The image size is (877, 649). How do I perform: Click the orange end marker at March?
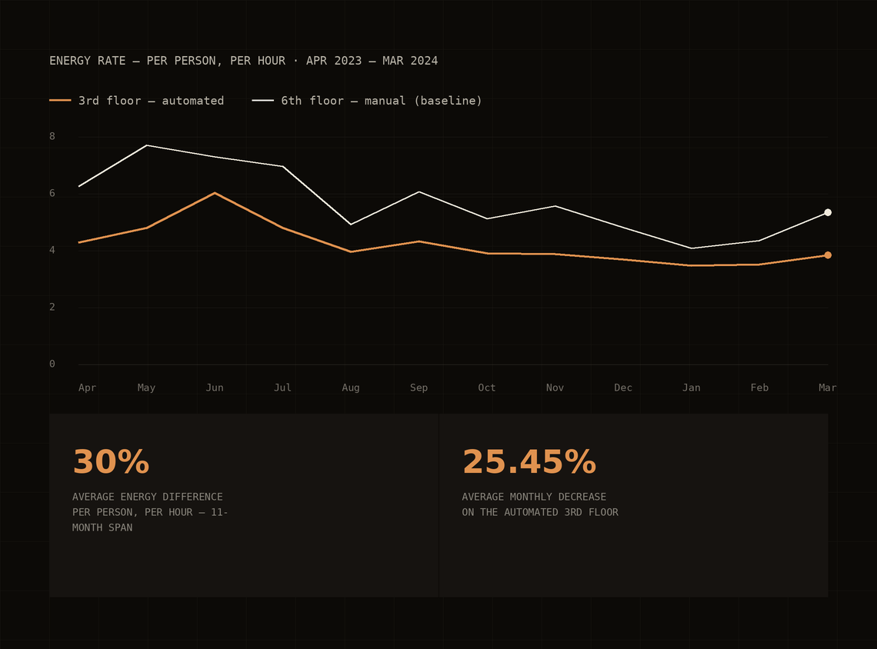[828, 255]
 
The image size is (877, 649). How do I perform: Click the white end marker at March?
[828, 212]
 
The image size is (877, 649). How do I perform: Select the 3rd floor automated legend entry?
[136, 101]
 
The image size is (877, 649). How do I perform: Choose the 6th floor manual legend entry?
[367, 101]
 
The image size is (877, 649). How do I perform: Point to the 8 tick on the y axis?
[52, 136]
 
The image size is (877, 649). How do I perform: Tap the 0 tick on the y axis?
[52, 364]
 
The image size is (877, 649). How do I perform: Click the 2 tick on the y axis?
[52, 307]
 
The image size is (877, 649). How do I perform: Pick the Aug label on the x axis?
[351, 388]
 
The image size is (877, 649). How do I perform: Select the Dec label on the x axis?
[623, 388]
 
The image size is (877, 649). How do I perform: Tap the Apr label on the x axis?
[87, 388]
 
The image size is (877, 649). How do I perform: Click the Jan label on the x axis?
[692, 388]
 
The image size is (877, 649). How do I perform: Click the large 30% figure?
[111, 461]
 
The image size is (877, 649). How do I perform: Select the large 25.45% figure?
[529, 461]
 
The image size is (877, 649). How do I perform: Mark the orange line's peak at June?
[215, 193]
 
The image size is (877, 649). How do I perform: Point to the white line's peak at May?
[146, 145]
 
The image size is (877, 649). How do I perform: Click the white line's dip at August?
[351, 225]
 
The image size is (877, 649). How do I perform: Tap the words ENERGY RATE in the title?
[87, 61]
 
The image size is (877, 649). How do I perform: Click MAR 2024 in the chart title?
[410, 61]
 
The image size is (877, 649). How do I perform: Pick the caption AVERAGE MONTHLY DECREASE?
[534, 497]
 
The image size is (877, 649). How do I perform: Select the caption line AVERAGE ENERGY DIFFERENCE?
[148, 497]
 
